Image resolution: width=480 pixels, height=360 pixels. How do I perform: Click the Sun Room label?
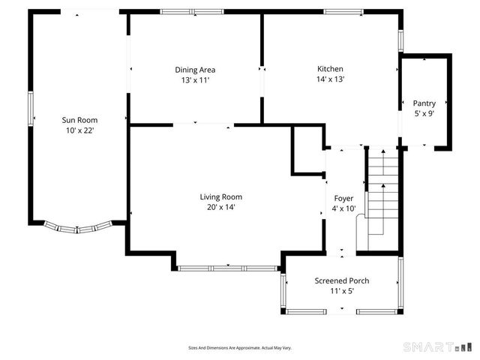[79, 120]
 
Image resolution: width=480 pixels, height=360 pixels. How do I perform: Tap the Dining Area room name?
[195, 70]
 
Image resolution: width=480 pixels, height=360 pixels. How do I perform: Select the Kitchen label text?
[330, 69]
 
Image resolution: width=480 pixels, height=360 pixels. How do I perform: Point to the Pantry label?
[424, 103]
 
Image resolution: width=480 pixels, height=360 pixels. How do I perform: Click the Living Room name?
[221, 196]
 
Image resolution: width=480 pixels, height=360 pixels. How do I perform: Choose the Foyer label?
[343, 198]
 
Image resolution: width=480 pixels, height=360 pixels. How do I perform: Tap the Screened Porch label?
[342, 280]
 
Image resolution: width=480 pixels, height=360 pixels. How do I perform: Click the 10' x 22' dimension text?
[80, 130]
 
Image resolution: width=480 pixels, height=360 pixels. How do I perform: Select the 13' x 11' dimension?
[195, 80]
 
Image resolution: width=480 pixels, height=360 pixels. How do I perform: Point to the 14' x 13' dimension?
[330, 79]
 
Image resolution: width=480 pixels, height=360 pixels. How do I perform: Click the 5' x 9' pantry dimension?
[424, 113]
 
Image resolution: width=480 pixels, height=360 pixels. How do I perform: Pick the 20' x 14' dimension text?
[221, 207]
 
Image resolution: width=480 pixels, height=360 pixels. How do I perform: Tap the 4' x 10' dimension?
[343, 208]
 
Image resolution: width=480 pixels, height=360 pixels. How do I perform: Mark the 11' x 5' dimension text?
[342, 291]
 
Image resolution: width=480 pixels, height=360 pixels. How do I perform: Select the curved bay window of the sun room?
[78, 228]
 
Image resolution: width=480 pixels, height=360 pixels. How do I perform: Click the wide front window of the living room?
[228, 268]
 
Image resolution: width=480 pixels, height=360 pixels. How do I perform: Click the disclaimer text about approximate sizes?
[240, 348]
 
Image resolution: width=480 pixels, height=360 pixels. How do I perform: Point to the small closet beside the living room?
[308, 150]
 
